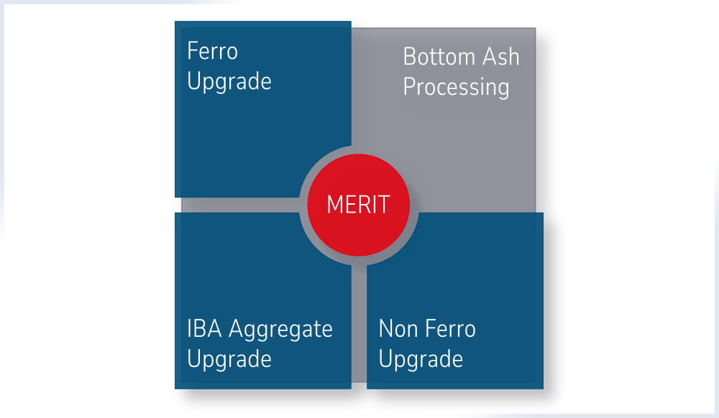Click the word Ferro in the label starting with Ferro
[212, 52]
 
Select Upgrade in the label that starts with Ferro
[229, 82]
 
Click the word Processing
[456, 88]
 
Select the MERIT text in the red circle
[358, 205]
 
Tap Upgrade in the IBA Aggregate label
[229, 359]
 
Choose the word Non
[396, 329]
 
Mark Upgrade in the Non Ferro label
[421, 359]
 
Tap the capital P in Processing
[409, 87]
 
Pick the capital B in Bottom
[409, 57]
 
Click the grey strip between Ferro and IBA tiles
[237, 205]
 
